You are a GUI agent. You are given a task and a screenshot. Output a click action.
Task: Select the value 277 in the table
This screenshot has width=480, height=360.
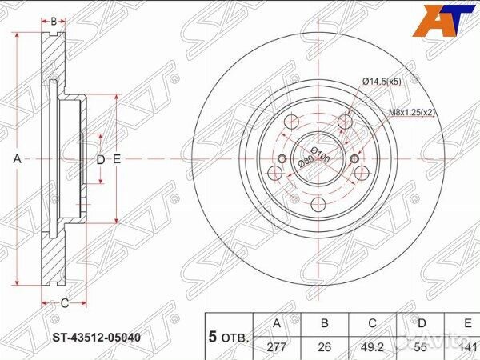click(277, 347)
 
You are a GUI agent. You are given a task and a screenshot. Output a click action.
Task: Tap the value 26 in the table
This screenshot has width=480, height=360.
click(325, 347)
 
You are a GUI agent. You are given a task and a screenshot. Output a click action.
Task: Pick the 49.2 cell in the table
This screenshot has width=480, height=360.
click(373, 347)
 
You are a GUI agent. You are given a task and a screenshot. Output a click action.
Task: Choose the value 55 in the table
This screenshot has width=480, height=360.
click(421, 347)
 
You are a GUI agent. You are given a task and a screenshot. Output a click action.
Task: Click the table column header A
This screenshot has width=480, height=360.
click(277, 324)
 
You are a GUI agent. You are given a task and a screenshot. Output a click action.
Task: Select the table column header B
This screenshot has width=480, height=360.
click(325, 324)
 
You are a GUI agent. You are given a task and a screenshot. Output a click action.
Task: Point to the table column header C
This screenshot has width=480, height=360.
click(373, 324)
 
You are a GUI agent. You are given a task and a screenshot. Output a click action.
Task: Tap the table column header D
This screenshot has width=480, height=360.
click(421, 324)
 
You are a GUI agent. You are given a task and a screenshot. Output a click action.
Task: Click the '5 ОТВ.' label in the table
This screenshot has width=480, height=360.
click(230, 336)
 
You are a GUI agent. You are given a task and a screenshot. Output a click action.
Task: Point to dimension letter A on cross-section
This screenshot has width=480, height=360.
click(18, 159)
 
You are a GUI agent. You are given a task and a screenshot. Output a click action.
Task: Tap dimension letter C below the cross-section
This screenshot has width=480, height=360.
click(64, 302)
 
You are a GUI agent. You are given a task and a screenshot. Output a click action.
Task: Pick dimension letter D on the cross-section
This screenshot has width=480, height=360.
click(101, 159)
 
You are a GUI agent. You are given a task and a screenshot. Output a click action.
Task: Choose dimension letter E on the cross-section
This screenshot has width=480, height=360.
click(117, 159)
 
